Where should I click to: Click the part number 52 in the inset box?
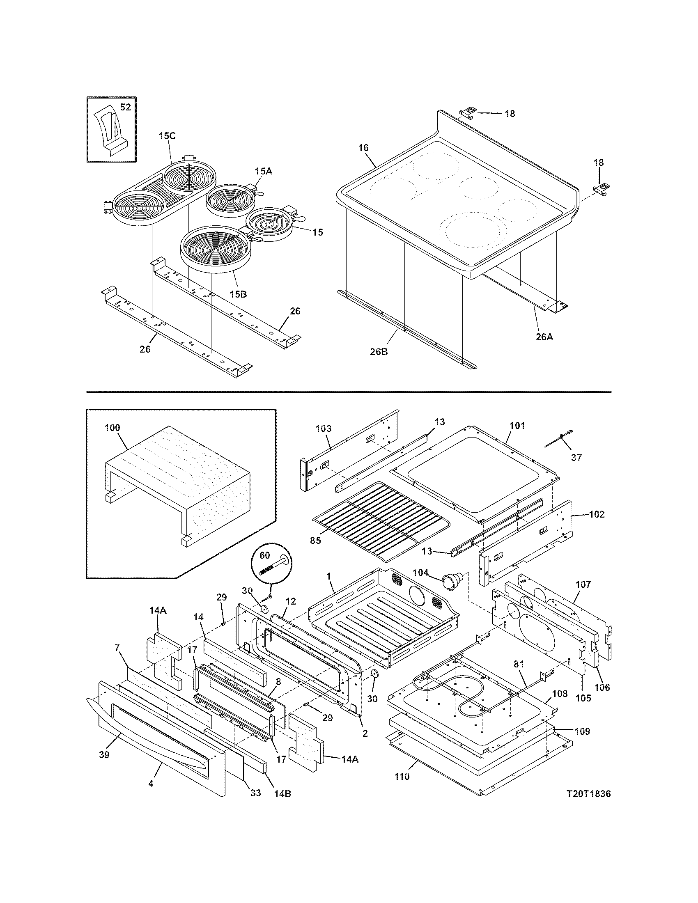(x=125, y=108)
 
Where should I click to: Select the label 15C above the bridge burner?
(x=167, y=136)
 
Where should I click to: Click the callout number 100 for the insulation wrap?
(x=112, y=428)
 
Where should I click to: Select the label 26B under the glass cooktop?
(x=379, y=353)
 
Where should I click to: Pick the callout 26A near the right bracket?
(x=544, y=337)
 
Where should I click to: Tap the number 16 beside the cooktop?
(x=363, y=148)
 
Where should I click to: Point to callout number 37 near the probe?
(x=576, y=457)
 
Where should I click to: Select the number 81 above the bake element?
(x=519, y=665)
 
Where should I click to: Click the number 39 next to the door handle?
(x=104, y=755)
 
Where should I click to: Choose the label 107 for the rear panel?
(x=583, y=584)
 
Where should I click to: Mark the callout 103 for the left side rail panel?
(x=324, y=429)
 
